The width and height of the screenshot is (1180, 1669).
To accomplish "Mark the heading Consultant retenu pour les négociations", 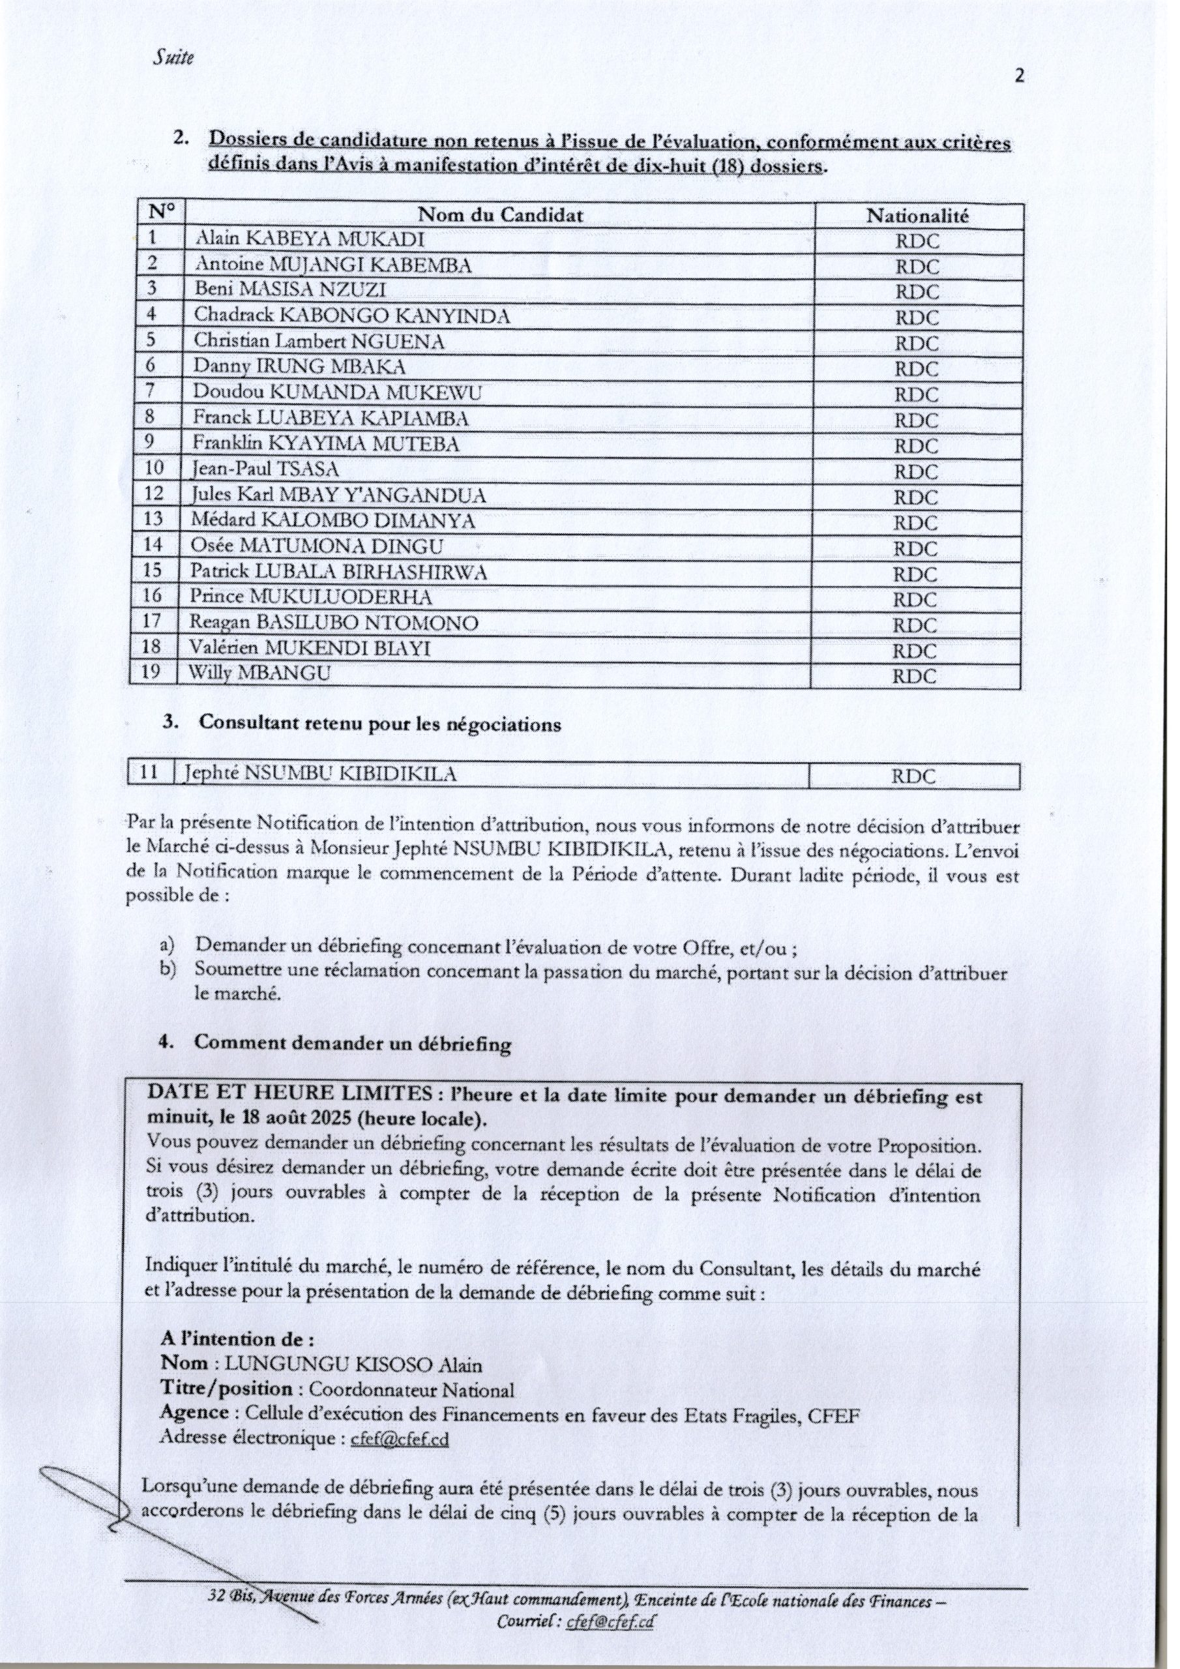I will [x=379, y=725].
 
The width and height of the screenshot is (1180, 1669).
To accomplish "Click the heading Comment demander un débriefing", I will [x=353, y=1044].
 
